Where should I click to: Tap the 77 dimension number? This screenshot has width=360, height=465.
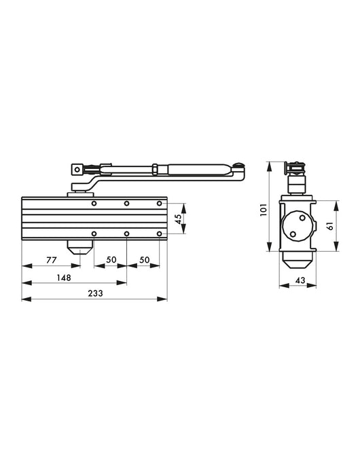pyautogui.click(x=50, y=260)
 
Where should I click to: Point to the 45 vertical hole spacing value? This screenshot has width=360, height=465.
pyautogui.click(x=179, y=219)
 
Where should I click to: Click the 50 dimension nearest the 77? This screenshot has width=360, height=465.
pyautogui.click(x=110, y=260)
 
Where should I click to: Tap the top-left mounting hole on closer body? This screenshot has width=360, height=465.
pyautogui.click(x=94, y=204)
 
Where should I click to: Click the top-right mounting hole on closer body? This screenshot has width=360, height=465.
pyautogui.click(x=159, y=204)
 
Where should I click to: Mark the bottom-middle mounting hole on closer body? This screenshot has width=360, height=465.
pyautogui.click(x=126, y=234)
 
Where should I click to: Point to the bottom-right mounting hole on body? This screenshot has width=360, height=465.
pyautogui.click(x=159, y=234)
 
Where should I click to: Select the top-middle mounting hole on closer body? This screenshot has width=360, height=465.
pyautogui.click(x=126, y=204)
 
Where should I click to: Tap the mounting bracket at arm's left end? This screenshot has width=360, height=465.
pyautogui.click(x=79, y=170)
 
